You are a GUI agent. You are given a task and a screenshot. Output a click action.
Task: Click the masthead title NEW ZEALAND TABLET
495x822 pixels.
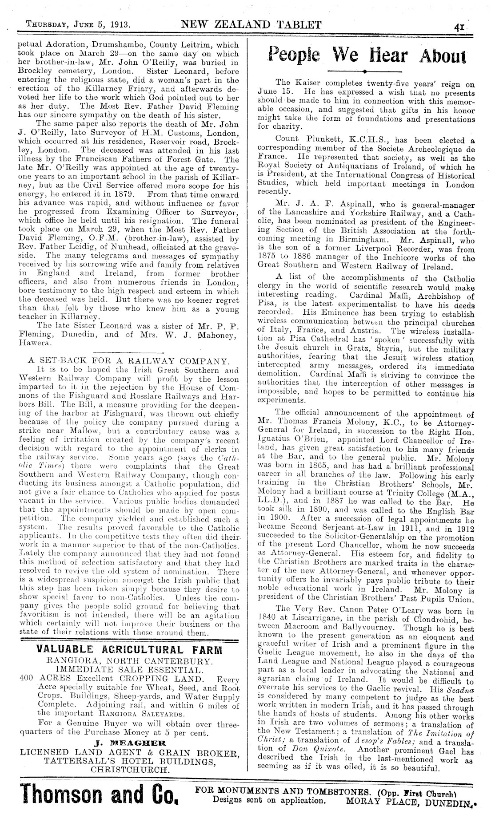tap(251, 24)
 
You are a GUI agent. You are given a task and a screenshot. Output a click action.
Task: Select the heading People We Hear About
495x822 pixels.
tap(367, 56)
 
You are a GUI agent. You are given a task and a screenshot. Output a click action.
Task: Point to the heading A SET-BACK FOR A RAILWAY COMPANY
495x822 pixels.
tap(129, 360)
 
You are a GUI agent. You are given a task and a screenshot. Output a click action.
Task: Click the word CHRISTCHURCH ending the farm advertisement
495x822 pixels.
tap(129, 768)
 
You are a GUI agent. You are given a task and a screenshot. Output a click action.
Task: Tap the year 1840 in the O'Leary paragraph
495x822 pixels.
tap(266, 620)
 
